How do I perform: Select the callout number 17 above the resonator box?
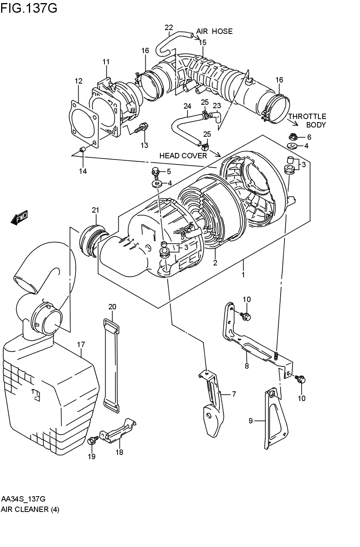(81, 344)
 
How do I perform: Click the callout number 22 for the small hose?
(169, 27)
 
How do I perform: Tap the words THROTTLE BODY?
(307, 120)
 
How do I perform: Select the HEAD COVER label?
(183, 156)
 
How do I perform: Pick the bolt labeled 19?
(92, 441)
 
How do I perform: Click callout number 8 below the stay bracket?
(247, 366)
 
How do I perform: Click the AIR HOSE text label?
(214, 31)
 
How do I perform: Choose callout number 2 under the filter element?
(215, 263)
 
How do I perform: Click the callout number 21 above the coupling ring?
(96, 210)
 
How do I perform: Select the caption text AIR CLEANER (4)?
(30, 509)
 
